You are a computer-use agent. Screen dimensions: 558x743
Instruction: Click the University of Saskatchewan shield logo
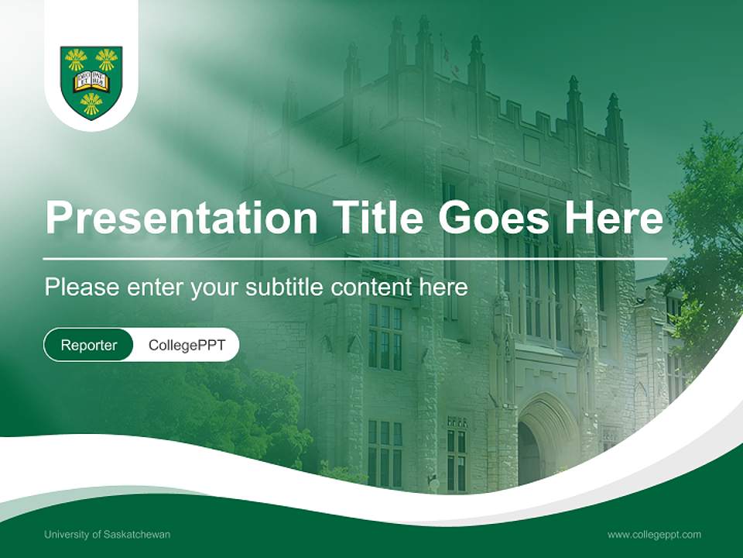click(x=91, y=82)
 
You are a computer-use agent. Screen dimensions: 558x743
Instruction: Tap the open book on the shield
click(x=91, y=81)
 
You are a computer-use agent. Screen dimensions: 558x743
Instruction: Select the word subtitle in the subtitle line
click(x=286, y=288)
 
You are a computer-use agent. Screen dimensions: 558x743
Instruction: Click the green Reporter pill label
click(x=89, y=345)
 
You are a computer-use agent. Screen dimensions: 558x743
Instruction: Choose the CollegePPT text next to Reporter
click(x=187, y=345)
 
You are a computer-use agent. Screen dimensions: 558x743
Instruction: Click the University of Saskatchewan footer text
click(x=108, y=535)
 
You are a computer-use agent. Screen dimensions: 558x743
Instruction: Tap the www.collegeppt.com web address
click(x=654, y=535)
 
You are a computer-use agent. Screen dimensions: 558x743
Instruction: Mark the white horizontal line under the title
click(x=355, y=258)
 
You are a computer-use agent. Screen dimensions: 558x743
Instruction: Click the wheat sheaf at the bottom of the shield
click(x=91, y=102)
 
